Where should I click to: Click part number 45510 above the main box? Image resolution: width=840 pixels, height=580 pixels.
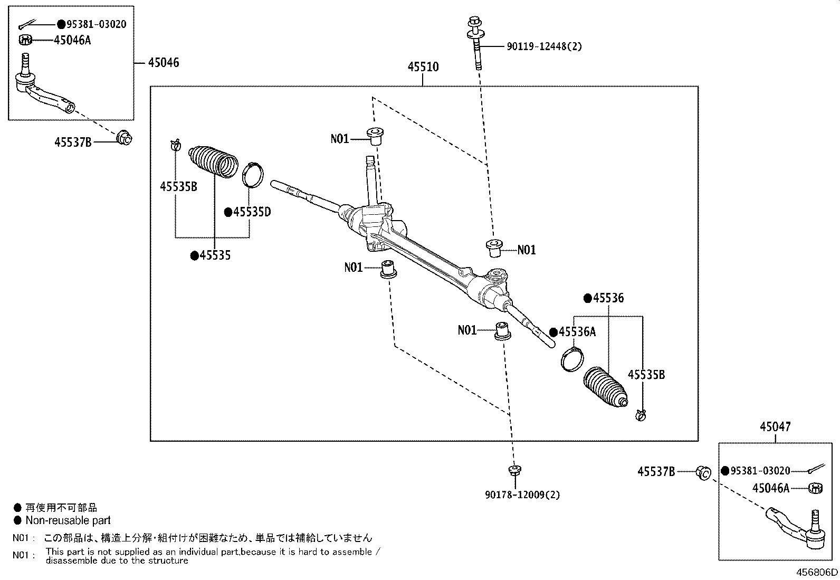(423, 67)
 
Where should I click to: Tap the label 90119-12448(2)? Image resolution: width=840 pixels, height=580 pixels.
(544, 46)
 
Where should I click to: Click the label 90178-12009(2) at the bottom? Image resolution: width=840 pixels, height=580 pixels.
(522, 495)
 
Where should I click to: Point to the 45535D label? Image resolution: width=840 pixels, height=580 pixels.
(252, 212)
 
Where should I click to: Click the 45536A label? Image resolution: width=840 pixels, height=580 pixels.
(577, 332)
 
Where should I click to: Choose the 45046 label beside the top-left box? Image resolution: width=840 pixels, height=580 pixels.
(163, 63)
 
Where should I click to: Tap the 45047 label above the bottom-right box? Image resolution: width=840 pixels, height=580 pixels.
(775, 426)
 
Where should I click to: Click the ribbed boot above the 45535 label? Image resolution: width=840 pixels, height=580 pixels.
(213, 160)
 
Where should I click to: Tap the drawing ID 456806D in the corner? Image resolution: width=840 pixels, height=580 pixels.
(817, 572)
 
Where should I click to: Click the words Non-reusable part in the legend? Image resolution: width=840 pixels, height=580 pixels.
(68, 520)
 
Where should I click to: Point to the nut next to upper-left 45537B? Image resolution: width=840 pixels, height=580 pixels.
(125, 138)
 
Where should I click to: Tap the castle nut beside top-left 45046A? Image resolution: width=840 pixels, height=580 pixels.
(26, 40)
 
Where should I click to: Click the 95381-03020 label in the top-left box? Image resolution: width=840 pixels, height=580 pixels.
(97, 24)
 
